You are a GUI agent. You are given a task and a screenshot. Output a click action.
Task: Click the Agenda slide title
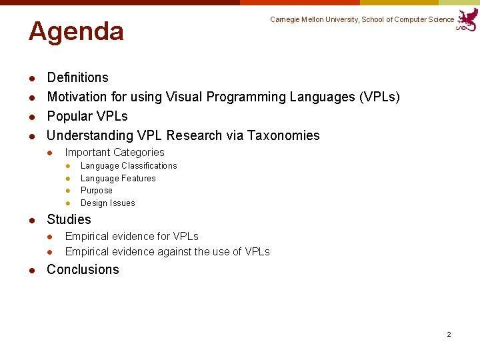coord(76,31)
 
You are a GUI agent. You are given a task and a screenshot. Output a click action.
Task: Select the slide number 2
coord(449,334)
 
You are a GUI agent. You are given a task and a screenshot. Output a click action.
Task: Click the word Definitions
coord(77,78)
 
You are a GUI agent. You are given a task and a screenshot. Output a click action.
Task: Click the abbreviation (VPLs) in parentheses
coord(379,97)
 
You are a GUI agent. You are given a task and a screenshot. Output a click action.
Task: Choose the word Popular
coord(69,117)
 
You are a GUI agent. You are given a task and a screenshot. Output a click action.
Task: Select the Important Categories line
coord(114,153)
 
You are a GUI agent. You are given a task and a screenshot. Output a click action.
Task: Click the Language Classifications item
coord(129,166)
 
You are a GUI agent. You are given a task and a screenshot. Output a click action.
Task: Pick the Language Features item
coord(118,179)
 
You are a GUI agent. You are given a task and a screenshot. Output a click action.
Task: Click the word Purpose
coord(97,191)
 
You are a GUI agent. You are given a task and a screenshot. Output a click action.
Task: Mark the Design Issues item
coord(107,203)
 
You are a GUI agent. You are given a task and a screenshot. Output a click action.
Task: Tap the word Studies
coord(69,220)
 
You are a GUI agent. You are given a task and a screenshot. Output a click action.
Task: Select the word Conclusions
coord(83,270)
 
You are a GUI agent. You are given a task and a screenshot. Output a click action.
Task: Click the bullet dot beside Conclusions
coord(31,270)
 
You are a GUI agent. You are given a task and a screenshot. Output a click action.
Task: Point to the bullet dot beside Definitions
coord(31,78)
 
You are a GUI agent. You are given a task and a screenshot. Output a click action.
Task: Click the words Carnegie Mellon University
coord(314,20)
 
